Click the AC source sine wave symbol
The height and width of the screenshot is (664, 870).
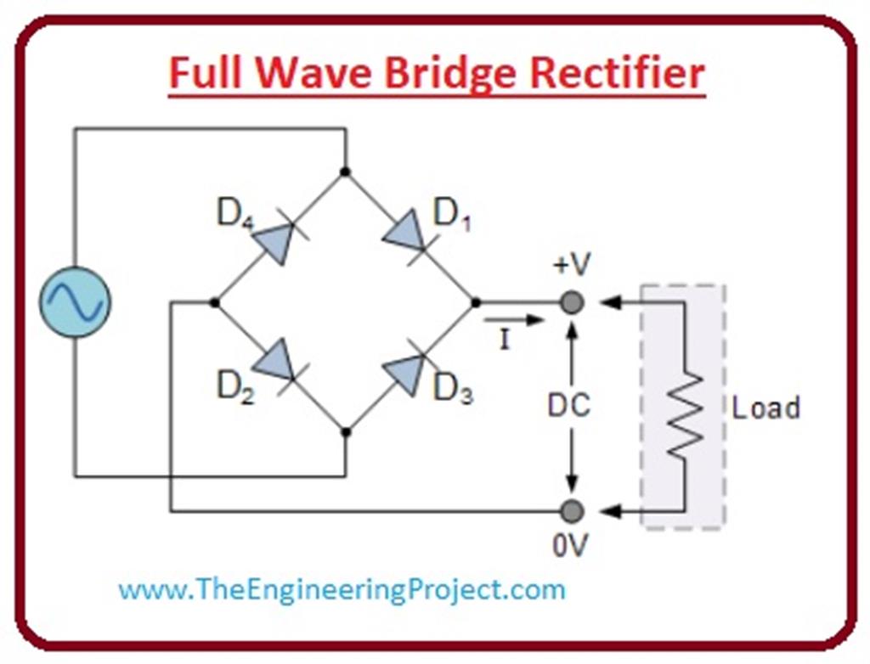point(75,302)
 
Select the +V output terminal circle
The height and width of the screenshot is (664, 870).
point(573,302)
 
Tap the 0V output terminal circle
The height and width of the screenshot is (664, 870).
point(573,510)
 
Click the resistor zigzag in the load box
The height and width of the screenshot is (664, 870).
point(684,407)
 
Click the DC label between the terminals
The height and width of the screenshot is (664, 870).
point(568,406)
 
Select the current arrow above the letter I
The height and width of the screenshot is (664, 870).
point(512,320)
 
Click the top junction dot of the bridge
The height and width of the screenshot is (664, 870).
point(345,172)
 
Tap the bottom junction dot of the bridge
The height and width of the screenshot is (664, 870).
point(345,432)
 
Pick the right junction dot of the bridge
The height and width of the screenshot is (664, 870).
point(475,302)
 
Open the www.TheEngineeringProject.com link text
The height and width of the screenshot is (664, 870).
point(342,588)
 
